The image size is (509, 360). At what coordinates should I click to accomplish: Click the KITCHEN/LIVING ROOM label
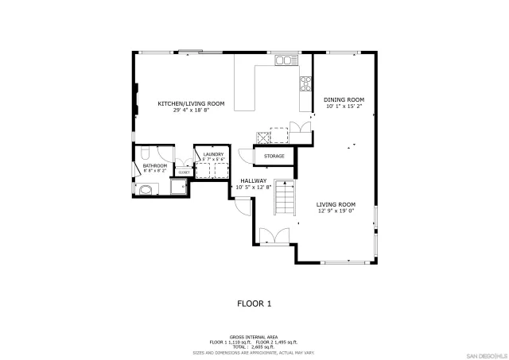[190, 103]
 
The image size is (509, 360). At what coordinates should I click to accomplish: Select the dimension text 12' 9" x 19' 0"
[336, 211]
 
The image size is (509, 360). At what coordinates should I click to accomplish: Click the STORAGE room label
[274, 156]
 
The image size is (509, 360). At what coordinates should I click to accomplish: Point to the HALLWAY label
[253, 180]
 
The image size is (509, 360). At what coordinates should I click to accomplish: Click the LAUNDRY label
[212, 154]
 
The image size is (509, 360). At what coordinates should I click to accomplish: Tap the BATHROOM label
[155, 165]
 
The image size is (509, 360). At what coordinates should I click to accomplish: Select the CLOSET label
[184, 172]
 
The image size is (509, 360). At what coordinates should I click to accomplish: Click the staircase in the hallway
[286, 198]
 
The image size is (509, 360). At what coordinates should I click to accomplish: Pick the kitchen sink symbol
[285, 60]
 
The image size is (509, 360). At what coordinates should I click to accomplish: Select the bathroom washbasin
[145, 189]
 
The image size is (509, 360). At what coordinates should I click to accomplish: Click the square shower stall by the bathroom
[177, 188]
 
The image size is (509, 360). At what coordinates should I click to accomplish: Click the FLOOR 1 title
[254, 303]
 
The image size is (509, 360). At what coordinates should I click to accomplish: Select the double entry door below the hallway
[271, 235]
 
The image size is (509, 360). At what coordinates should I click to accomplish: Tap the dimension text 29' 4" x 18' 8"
[190, 110]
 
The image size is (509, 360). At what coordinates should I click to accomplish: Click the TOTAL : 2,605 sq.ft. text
[254, 347]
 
